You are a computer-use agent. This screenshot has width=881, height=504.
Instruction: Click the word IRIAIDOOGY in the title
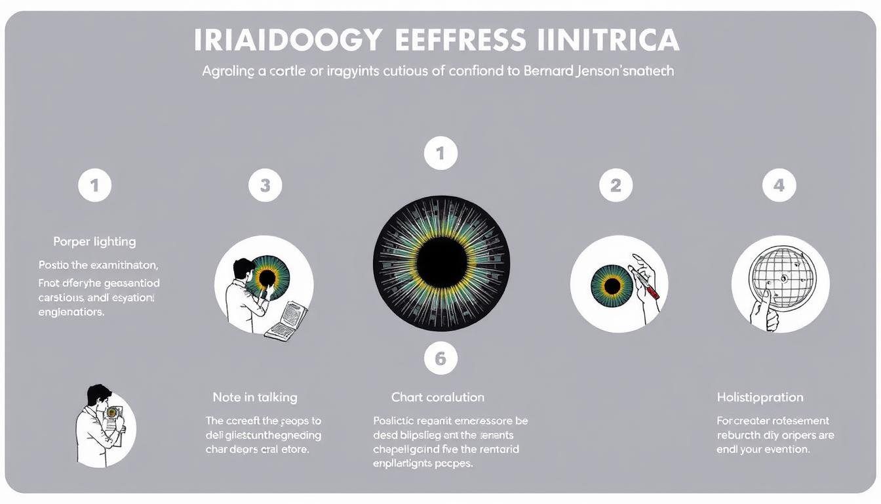[288, 40]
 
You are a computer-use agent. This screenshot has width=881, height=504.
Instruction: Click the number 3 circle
[265, 185]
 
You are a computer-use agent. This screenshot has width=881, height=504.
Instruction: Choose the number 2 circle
[616, 185]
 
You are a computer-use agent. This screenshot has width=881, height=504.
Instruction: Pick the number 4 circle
[779, 185]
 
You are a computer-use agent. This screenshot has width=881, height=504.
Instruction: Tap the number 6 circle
[440, 358]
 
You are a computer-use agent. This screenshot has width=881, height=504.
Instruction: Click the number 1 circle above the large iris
[440, 154]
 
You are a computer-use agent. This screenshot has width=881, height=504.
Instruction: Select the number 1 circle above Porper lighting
[94, 185]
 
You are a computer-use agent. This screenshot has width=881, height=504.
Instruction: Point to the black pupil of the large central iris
[441, 262]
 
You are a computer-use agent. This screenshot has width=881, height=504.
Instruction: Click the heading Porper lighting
[94, 241]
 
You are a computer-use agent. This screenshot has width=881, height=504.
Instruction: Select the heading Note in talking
[254, 397]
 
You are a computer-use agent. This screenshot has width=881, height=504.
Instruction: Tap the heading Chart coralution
[437, 397]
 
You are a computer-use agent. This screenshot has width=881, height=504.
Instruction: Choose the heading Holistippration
[760, 397]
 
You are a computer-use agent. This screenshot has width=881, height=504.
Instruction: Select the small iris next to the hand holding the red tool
[612, 285]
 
